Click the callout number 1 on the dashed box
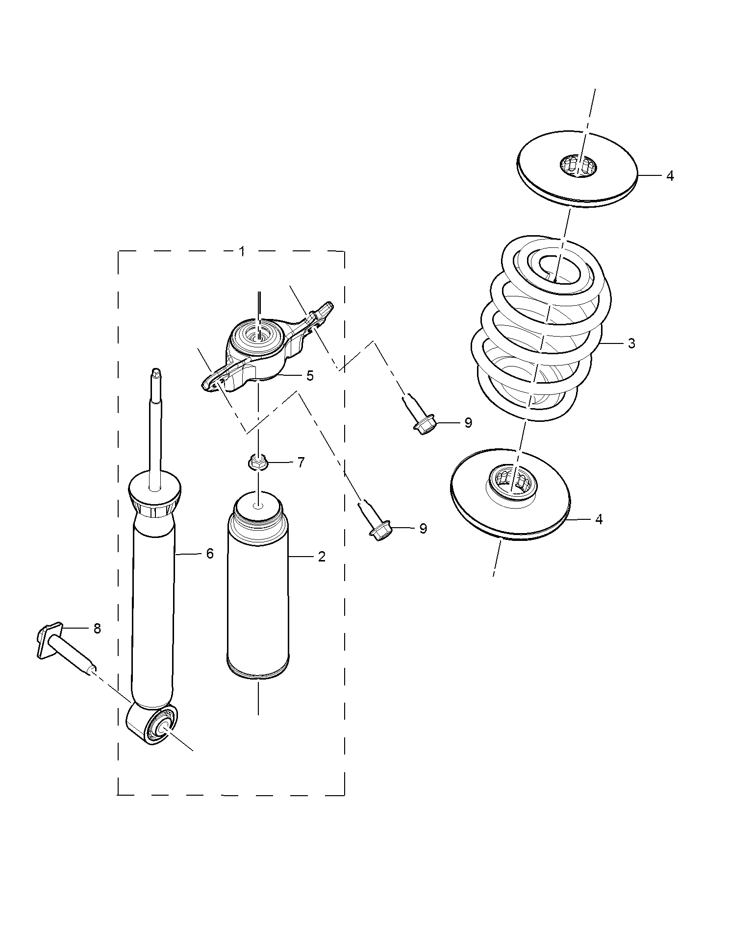click(242, 251)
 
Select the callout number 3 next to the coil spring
click(631, 343)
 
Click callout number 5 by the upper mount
click(310, 376)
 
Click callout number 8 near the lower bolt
click(97, 629)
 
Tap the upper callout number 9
click(468, 422)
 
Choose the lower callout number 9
click(423, 528)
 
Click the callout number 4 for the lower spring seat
click(599, 519)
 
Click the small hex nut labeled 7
click(257, 462)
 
